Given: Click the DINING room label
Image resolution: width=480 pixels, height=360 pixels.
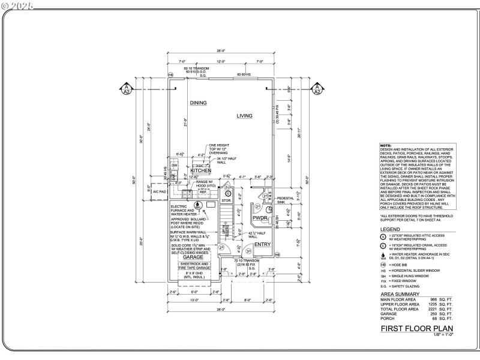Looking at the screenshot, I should [x=199, y=103].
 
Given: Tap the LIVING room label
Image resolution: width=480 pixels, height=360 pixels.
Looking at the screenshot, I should [x=244, y=116].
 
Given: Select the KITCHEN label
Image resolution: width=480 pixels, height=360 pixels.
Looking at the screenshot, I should [x=200, y=171].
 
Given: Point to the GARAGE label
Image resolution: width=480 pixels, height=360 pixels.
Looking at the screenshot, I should [x=193, y=257].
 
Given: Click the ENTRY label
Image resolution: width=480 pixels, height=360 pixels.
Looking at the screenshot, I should [x=262, y=244].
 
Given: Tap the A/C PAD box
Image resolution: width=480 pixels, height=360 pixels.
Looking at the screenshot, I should [x=159, y=192].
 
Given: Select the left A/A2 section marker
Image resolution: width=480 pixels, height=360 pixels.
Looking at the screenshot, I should [x=127, y=89].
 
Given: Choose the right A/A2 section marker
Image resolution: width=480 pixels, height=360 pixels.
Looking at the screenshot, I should [x=316, y=89].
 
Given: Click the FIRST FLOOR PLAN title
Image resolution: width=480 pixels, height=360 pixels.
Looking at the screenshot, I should [x=417, y=328].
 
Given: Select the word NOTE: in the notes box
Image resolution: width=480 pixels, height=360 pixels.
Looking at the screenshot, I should [x=386, y=146].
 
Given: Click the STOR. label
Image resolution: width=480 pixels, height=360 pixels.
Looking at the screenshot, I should [x=226, y=200].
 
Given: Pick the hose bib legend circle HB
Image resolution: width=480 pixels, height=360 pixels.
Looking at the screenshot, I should [x=383, y=265].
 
